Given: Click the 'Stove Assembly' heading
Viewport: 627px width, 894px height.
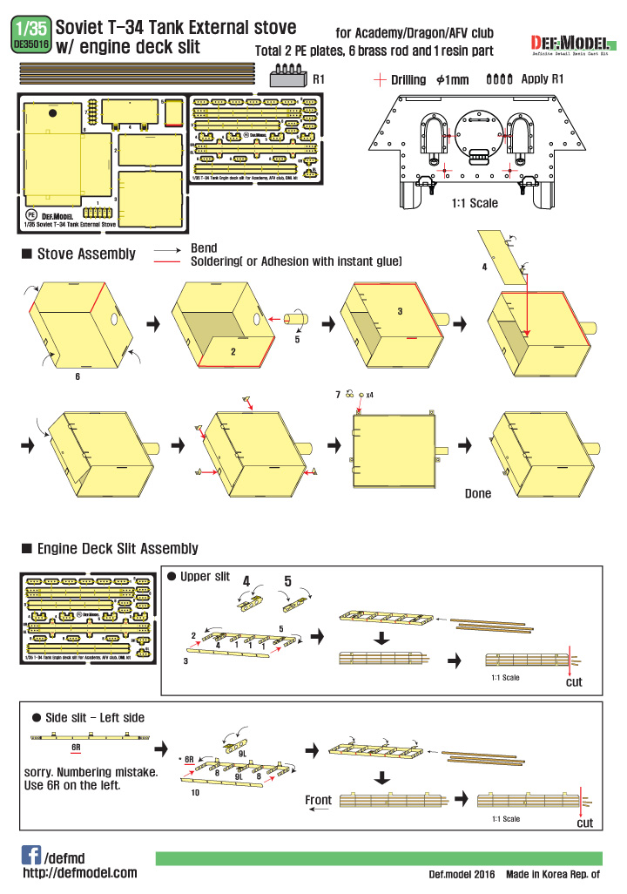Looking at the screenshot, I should (85, 254).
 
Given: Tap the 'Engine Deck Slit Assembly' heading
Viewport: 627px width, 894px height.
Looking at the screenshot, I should (117, 549).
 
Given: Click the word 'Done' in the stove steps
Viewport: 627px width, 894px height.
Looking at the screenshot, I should (478, 493).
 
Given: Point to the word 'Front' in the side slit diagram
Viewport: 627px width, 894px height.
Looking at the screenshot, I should (318, 800).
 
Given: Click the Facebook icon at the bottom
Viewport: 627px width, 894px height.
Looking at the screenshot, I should (30, 854).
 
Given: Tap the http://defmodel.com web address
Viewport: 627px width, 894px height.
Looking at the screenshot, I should (80, 873).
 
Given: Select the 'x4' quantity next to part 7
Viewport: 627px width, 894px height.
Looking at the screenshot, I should (371, 395).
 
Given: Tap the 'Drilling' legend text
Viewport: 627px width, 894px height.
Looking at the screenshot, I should (408, 80).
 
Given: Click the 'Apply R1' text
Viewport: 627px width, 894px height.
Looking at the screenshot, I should (543, 79).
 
